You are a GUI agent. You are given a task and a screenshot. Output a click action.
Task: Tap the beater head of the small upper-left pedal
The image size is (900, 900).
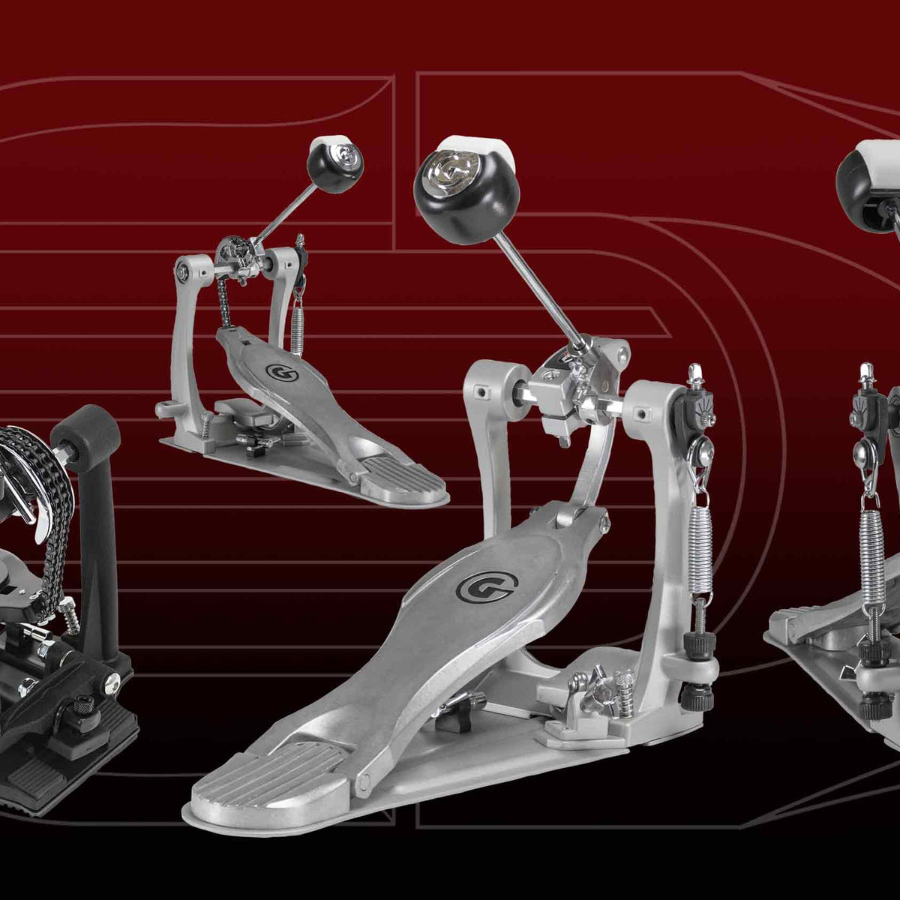335,163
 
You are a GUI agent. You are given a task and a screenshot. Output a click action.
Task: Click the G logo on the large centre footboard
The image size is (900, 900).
487,586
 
